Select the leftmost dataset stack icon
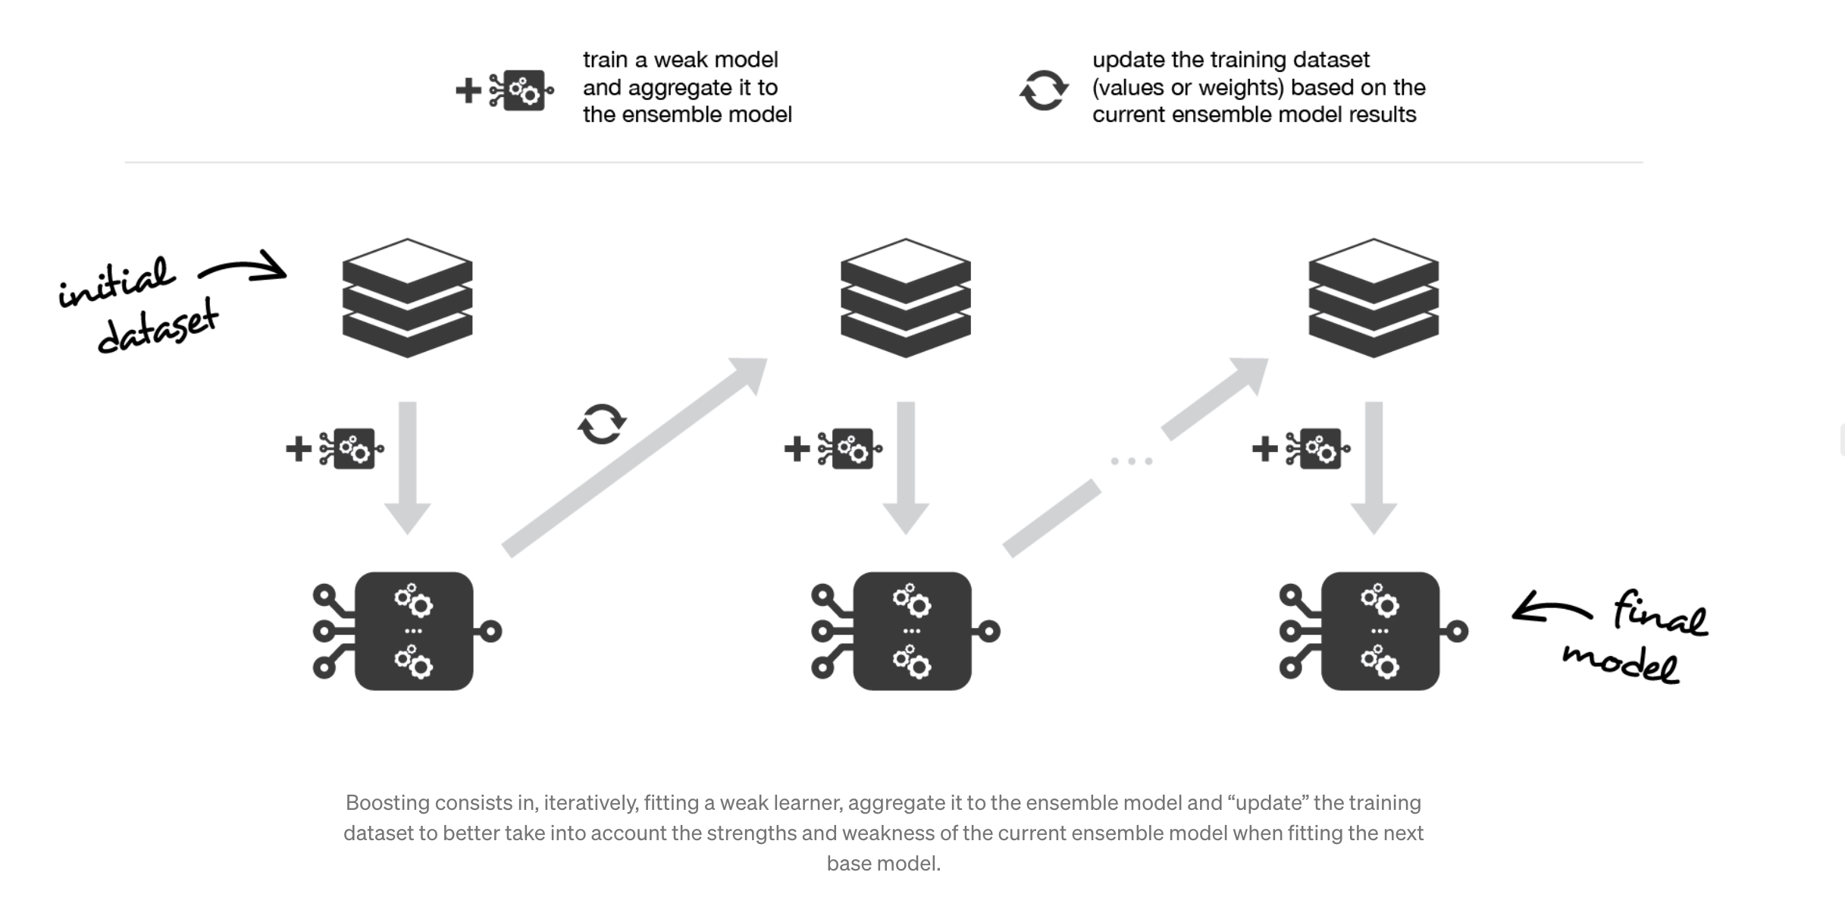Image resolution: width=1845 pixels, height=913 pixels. pyautogui.click(x=407, y=298)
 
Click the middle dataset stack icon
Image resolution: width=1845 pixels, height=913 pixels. pyautogui.click(x=905, y=298)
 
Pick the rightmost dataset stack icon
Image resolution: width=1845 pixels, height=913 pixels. pyautogui.click(x=1373, y=298)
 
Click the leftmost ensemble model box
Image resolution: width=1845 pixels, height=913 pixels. pyautogui.click(x=413, y=631)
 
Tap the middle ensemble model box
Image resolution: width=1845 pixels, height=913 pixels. pyautogui.click(x=912, y=631)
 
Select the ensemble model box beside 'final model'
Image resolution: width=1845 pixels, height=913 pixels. pyautogui.click(x=1380, y=631)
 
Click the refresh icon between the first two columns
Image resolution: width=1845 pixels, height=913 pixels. pyautogui.click(x=602, y=424)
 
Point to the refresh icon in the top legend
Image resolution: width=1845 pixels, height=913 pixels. pyautogui.click(x=1044, y=90)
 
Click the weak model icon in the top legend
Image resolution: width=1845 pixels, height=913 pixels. pyautogui.click(x=522, y=91)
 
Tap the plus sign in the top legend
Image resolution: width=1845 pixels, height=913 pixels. pyautogui.click(x=468, y=91)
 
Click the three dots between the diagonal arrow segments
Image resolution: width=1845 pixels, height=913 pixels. pyautogui.click(x=1131, y=461)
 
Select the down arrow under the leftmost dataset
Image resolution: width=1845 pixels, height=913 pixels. pyautogui.click(x=408, y=466)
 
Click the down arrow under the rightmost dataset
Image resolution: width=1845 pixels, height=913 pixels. pyautogui.click(x=1374, y=466)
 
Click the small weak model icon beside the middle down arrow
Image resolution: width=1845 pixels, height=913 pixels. pyautogui.click(x=849, y=449)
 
